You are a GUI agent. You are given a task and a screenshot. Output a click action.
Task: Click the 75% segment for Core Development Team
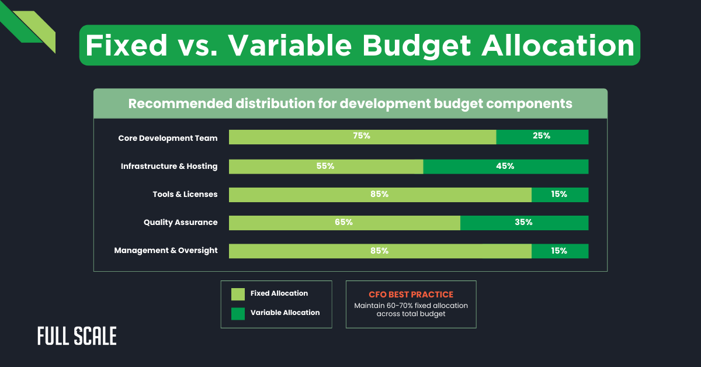pyautogui.click(x=362, y=137)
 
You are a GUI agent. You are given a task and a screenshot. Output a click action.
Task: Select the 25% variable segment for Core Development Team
pyautogui.click(x=542, y=137)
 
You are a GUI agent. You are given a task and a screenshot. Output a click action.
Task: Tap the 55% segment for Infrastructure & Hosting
pyautogui.click(x=326, y=167)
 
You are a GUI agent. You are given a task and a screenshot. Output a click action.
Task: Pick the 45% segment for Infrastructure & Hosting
pyautogui.click(x=506, y=167)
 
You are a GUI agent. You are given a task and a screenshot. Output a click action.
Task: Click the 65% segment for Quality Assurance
pyautogui.click(x=344, y=223)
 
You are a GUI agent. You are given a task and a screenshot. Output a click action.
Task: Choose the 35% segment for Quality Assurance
pyautogui.click(x=524, y=223)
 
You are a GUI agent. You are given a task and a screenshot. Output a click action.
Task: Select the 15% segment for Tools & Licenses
pyautogui.click(x=560, y=195)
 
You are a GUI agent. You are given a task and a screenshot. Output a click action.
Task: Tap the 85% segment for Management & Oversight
pyautogui.click(x=380, y=251)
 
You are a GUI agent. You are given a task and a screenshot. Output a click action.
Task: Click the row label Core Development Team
pyautogui.click(x=168, y=139)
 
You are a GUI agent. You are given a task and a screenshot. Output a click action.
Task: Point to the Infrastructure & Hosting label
pyautogui.click(x=169, y=167)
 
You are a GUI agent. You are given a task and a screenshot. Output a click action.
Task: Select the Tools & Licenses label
pyautogui.click(x=185, y=195)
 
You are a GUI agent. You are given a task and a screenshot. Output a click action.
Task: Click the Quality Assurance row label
pyautogui.click(x=181, y=223)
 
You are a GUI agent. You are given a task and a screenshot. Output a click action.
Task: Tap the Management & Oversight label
pyautogui.click(x=166, y=251)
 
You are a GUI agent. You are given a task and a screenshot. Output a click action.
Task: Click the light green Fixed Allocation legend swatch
pyautogui.click(x=238, y=294)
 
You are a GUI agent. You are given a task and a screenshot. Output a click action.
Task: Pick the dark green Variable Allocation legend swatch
pyautogui.click(x=238, y=313)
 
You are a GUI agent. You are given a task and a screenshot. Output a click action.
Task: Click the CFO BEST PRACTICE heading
pyautogui.click(x=411, y=295)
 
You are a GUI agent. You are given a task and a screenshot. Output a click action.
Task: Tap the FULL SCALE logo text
pyautogui.click(x=77, y=336)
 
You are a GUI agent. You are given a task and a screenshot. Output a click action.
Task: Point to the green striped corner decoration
pyautogui.click(x=29, y=26)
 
